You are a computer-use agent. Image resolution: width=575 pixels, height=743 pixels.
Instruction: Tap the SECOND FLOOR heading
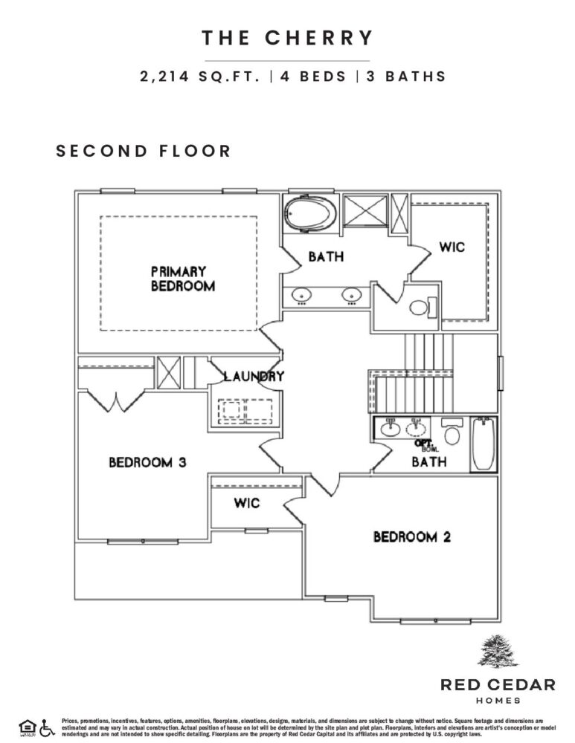[x=144, y=151]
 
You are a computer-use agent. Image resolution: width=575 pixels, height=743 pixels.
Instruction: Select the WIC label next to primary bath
[x=452, y=247]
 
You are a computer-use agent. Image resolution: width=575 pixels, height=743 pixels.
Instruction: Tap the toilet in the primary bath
[x=422, y=306]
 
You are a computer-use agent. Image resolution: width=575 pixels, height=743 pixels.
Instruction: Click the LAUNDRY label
[x=254, y=376]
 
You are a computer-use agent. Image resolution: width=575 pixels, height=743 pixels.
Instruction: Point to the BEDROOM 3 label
[x=147, y=462]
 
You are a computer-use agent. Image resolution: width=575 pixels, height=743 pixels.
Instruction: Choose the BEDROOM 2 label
[x=411, y=536]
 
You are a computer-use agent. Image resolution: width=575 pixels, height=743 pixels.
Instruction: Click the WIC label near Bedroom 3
[x=247, y=503]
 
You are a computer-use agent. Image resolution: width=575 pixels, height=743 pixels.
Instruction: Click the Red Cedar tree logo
[x=496, y=652]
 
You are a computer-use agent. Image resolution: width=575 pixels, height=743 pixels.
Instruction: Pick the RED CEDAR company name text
[x=497, y=684]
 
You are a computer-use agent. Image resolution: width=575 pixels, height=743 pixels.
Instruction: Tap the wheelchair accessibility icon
[x=48, y=727]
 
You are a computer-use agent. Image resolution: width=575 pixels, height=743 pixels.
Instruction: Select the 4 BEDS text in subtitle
[x=313, y=77]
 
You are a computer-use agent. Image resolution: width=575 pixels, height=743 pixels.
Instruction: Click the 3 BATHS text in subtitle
[x=405, y=77]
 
